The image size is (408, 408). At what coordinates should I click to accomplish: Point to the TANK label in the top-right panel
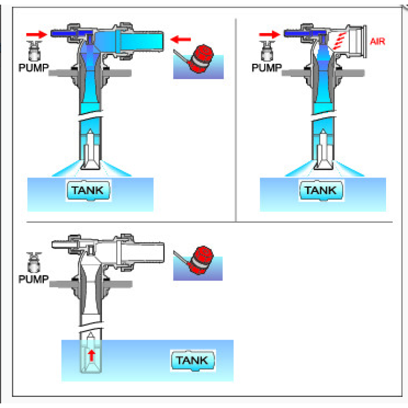321,191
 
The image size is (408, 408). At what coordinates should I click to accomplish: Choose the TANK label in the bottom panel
192,361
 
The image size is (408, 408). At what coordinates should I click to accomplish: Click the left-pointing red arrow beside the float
181,38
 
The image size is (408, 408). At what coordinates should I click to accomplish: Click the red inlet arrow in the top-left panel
35,34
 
